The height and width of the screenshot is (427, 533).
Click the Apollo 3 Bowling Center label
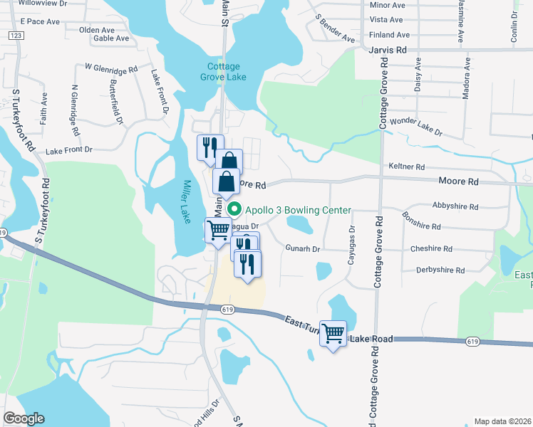click(298, 210)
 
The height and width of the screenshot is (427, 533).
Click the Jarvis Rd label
click(388, 51)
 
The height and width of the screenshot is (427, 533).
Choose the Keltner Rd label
click(407, 167)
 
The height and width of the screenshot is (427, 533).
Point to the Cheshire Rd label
click(431, 249)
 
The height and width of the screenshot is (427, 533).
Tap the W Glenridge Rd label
click(110, 69)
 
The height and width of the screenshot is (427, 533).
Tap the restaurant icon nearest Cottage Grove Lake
click(209, 147)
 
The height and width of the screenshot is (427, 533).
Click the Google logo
click(24, 418)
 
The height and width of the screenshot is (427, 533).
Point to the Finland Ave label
click(389, 35)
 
